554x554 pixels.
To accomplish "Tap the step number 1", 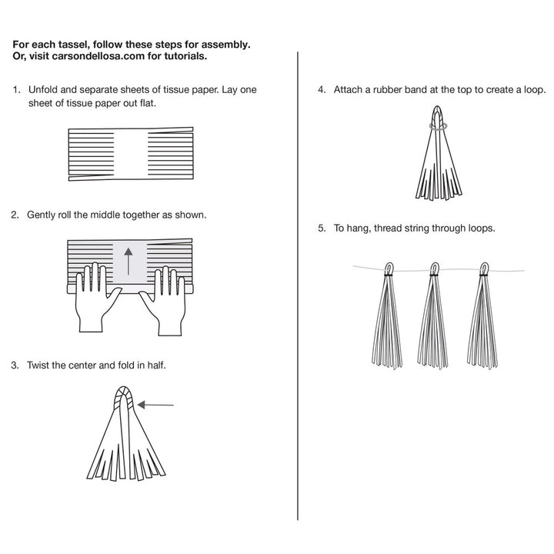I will click(x=15, y=90).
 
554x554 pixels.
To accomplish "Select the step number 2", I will click(x=15, y=215).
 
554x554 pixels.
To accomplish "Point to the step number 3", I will click(x=15, y=365).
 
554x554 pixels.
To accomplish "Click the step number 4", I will click(x=322, y=90).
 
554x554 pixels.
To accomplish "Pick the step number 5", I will click(x=322, y=229).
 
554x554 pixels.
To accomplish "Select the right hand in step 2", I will click(x=169, y=300).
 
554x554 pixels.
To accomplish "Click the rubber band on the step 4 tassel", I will click(x=439, y=128).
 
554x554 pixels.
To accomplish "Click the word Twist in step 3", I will click(x=39, y=365).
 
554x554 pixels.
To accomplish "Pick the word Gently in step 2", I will click(x=43, y=215).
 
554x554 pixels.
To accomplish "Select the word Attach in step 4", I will click(x=349, y=90).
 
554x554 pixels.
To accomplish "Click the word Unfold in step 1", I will click(x=42, y=90).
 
